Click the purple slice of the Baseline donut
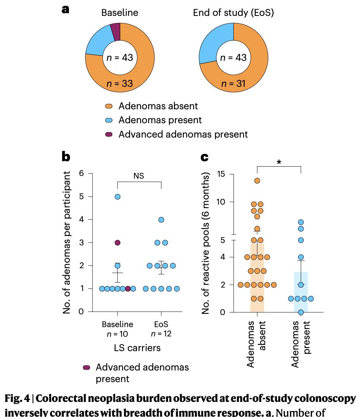(115, 31)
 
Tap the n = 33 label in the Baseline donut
(120, 83)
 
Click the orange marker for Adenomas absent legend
(109, 106)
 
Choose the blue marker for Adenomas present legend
(109, 120)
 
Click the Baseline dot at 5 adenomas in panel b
(117, 196)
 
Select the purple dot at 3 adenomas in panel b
(117, 243)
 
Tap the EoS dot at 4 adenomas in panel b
(161, 220)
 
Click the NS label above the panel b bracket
(139, 176)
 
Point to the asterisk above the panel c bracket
(279, 162)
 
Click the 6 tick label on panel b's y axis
(81, 174)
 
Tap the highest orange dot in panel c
(257, 181)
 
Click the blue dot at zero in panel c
(301, 312)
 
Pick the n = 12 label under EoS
(161, 334)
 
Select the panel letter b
(66, 157)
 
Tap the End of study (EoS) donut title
(234, 13)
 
